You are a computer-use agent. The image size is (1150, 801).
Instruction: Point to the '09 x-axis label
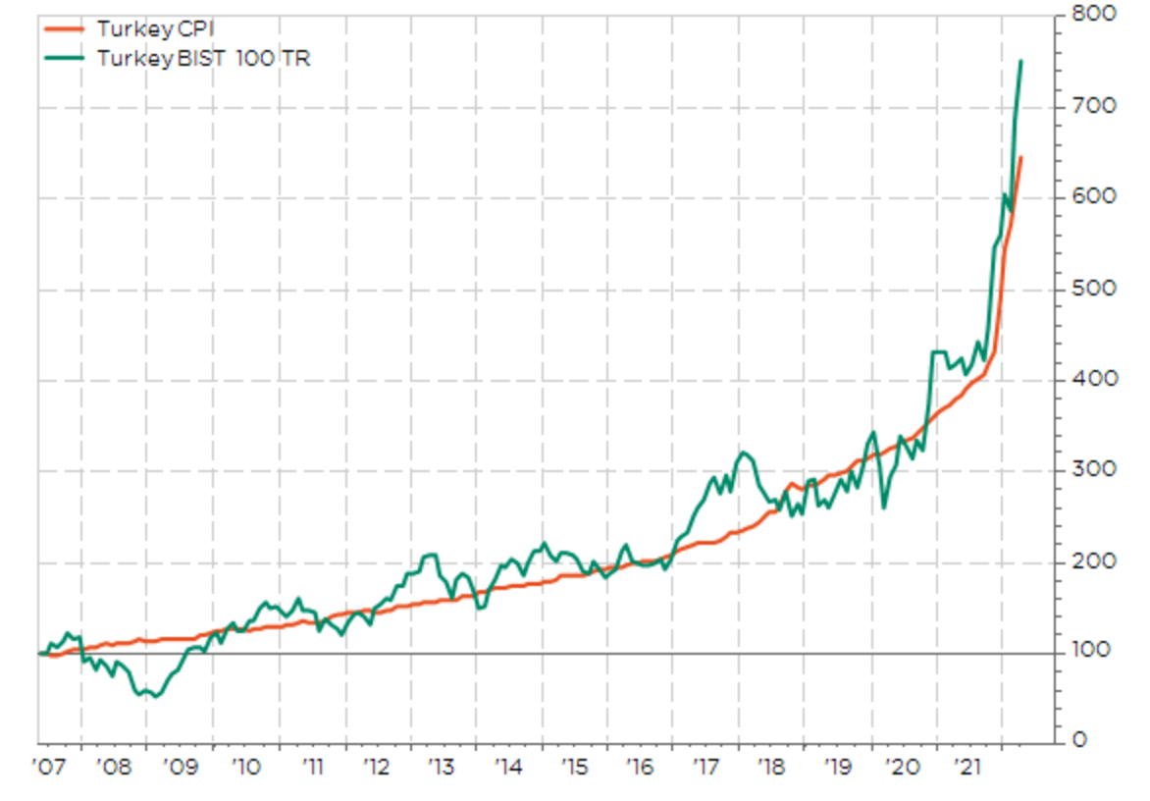pyautogui.click(x=180, y=767)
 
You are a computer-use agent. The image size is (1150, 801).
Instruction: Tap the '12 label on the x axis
pyautogui.click(x=377, y=767)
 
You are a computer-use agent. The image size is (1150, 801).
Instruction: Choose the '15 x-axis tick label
pyautogui.click(x=574, y=767)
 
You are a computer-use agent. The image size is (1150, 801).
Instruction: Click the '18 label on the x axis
pyautogui.click(x=770, y=767)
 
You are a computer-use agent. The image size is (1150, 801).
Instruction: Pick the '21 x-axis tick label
pyautogui.click(x=968, y=767)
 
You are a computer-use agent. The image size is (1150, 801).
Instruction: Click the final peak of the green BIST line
pyautogui.click(x=1020, y=61)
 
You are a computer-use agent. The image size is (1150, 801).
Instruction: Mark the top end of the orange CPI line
pyautogui.click(x=1020, y=157)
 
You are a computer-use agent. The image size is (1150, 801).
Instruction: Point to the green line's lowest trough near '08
pyautogui.click(x=155, y=697)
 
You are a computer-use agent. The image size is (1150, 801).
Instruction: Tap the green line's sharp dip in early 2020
pyautogui.click(x=884, y=507)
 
